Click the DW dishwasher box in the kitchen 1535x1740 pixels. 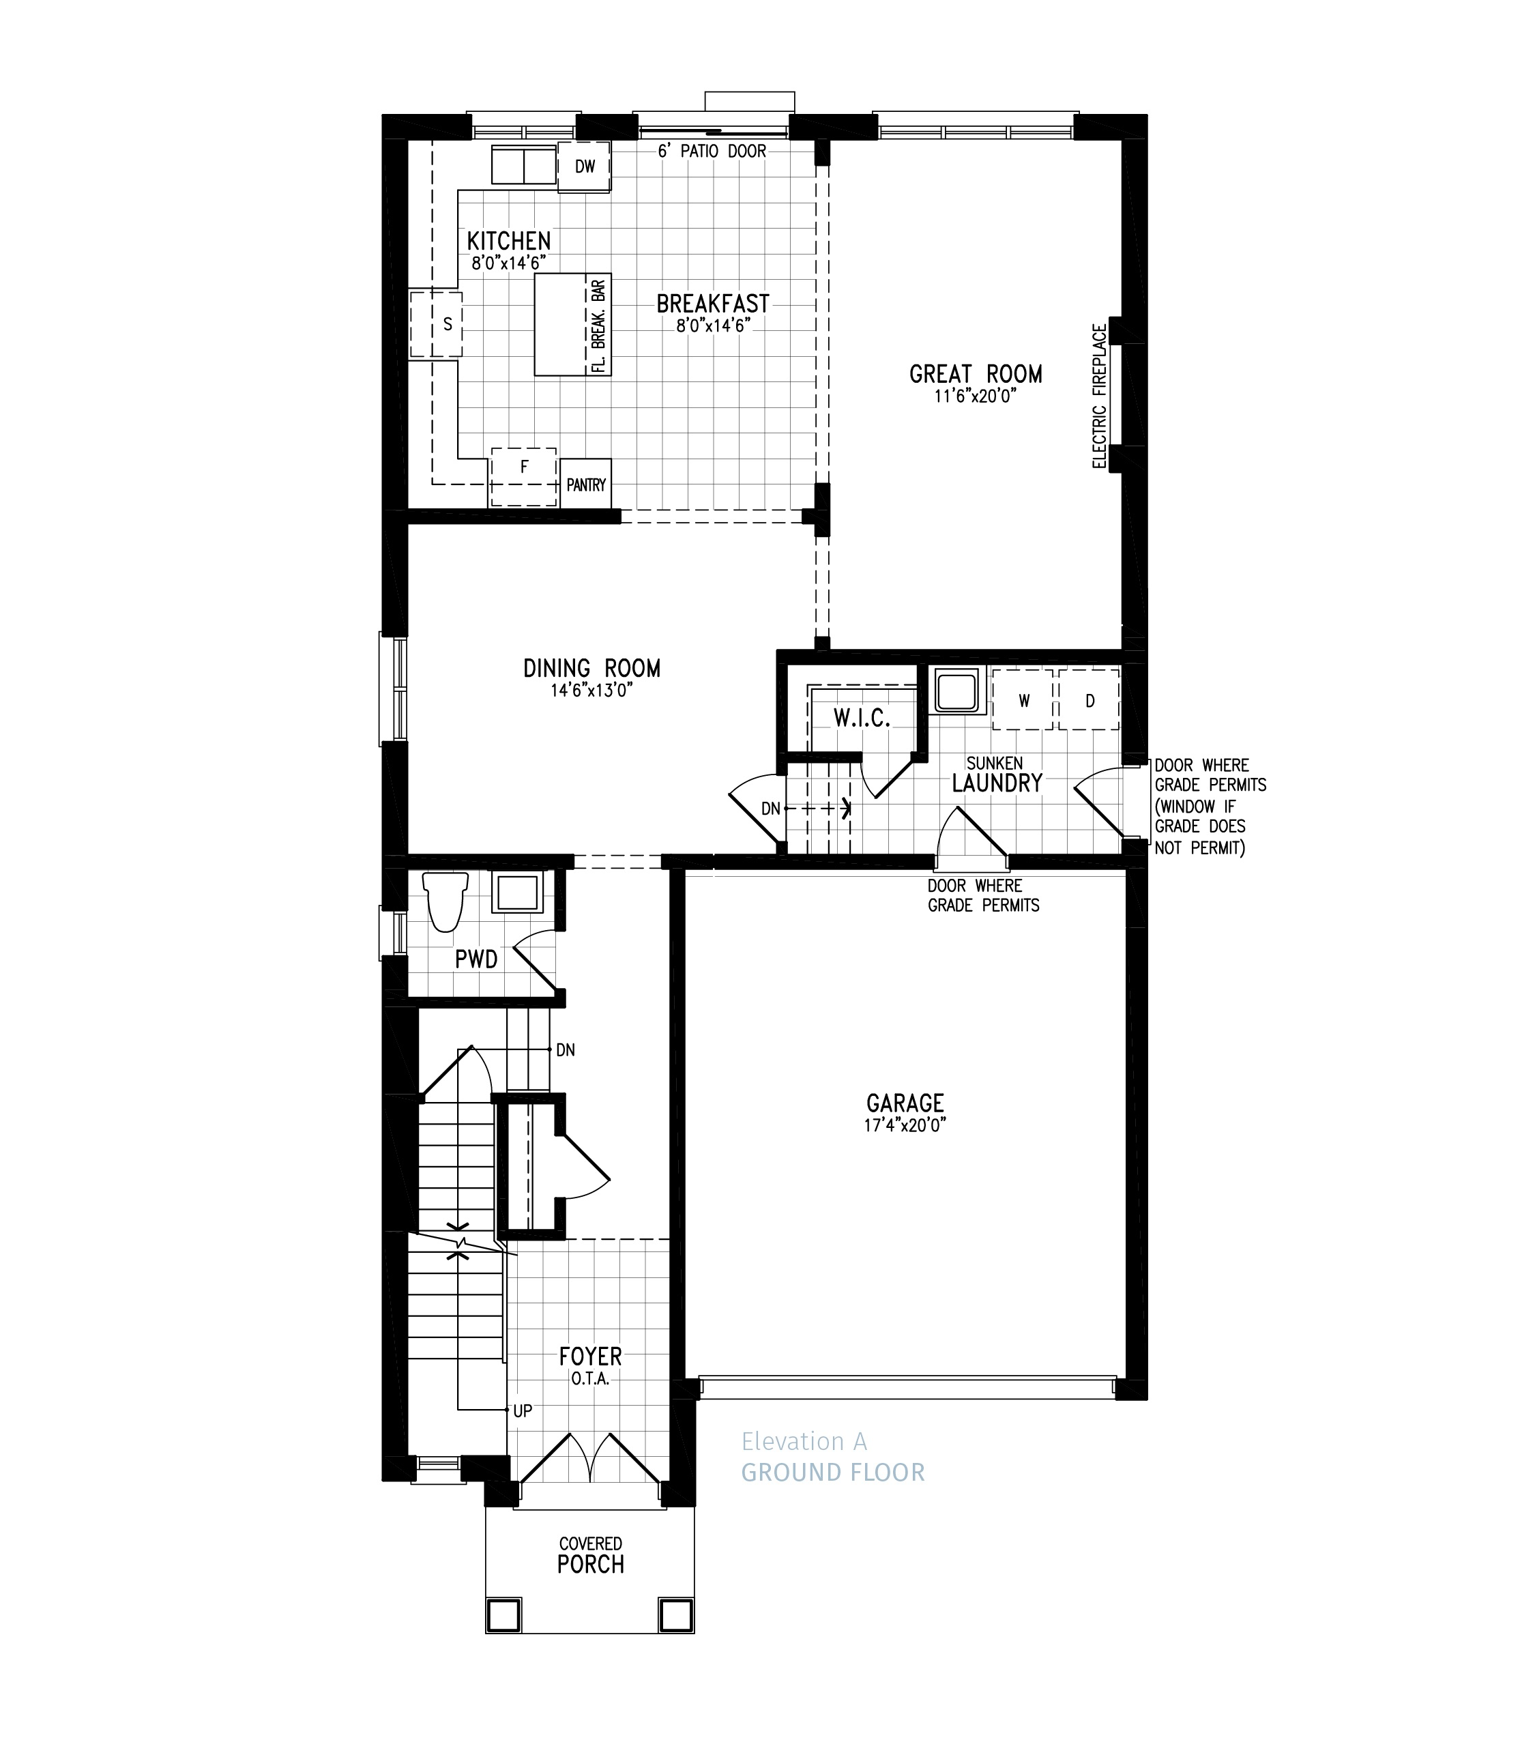pos(584,167)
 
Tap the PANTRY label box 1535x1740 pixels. pos(585,484)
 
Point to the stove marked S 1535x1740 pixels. pos(437,324)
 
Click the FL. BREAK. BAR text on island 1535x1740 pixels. pos(599,326)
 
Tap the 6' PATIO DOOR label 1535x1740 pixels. pos(712,151)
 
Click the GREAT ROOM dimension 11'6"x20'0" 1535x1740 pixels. pos(975,396)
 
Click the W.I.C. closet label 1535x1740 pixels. pos(861,719)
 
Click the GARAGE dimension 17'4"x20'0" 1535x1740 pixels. pos(905,1125)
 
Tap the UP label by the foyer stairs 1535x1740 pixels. pos(523,1410)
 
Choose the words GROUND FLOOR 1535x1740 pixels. pos(832,1473)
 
